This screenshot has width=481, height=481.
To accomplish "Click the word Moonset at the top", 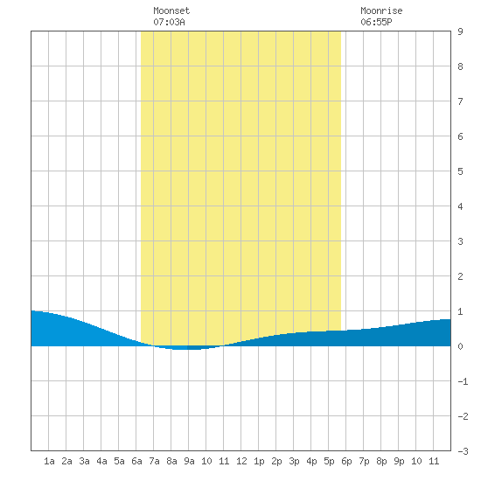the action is pyautogui.click(x=171, y=10).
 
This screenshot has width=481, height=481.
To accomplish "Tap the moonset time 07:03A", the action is pyautogui.click(x=169, y=22).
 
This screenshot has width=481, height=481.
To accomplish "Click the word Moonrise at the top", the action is pyautogui.click(x=381, y=10).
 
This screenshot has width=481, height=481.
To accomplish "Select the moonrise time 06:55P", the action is pyautogui.click(x=376, y=22).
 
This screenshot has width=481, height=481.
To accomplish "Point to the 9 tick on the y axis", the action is pyautogui.click(x=460, y=31).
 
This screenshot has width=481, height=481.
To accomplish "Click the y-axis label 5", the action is pyautogui.click(x=460, y=171).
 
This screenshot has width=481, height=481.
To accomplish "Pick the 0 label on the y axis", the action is pyautogui.click(x=460, y=346).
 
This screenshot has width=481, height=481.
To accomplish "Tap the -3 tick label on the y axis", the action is pyautogui.click(x=463, y=451).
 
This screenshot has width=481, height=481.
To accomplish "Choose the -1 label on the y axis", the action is pyautogui.click(x=463, y=381).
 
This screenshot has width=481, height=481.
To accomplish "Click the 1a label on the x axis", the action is pyautogui.click(x=49, y=461).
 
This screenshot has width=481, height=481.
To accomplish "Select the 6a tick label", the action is pyautogui.click(x=136, y=461).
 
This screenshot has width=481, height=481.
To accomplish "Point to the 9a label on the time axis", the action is pyautogui.click(x=189, y=461).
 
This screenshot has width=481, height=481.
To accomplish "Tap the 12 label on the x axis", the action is pyautogui.click(x=241, y=461).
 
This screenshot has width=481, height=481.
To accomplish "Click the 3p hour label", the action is pyautogui.click(x=294, y=461).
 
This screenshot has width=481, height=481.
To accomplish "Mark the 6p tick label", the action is pyautogui.click(x=346, y=461).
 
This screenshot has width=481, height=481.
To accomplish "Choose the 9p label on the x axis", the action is pyautogui.click(x=399, y=461).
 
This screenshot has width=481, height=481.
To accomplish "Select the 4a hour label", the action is pyautogui.click(x=101, y=461).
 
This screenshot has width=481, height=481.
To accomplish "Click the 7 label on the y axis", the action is pyautogui.click(x=460, y=101).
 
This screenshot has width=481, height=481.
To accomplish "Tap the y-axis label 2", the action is pyautogui.click(x=460, y=276).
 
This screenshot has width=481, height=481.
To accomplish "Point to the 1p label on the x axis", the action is pyautogui.click(x=259, y=461).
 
